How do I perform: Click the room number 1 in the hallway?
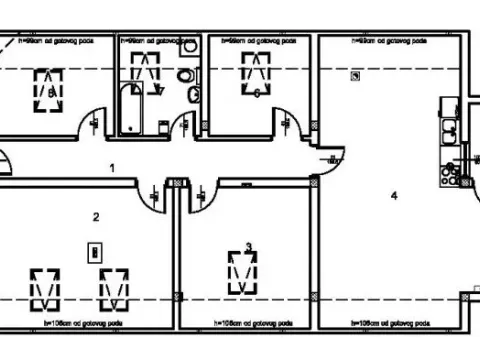click(x=113, y=168)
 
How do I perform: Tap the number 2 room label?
click(x=96, y=216)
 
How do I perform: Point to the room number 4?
click(x=394, y=195)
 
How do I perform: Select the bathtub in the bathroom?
click(x=129, y=109)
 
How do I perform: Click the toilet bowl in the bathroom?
click(x=185, y=76)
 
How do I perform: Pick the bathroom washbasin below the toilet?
click(x=194, y=95)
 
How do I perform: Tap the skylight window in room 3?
click(x=241, y=271)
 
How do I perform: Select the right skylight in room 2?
click(x=114, y=287)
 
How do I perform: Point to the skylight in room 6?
click(x=256, y=72)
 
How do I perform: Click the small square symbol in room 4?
click(x=355, y=76)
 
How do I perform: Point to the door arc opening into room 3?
click(x=197, y=195)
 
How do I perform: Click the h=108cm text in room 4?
click(x=381, y=324)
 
